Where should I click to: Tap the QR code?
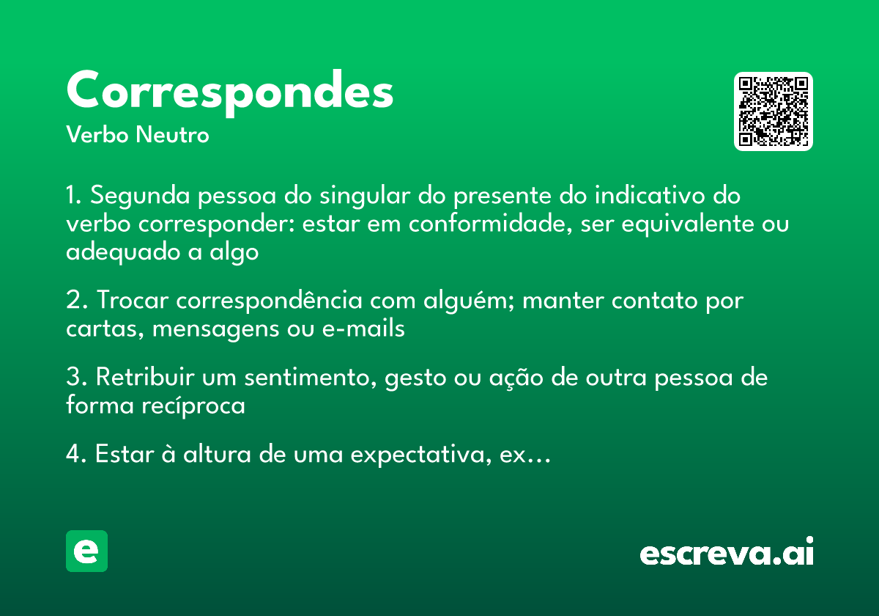[x=773, y=111]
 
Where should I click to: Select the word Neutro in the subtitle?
[x=173, y=135]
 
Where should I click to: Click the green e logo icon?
[x=86, y=551]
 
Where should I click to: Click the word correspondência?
[x=270, y=301]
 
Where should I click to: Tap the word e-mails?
[x=363, y=329]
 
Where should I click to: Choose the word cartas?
[x=105, y=329]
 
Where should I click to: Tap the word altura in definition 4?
[x=217, y=455]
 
